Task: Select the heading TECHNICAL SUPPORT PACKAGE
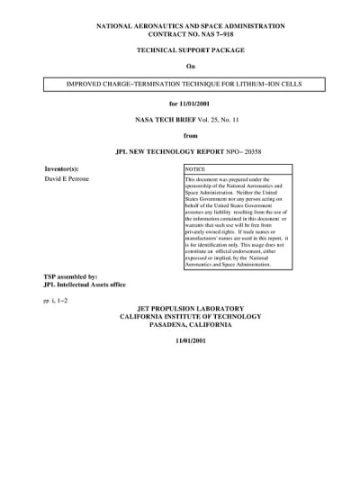(x=190, y=53)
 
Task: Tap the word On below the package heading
(x=190, y=67)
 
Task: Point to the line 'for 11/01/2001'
(x=190, y=104)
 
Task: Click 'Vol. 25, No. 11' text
(x=212, y=119)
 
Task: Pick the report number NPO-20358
(x=247, y=150)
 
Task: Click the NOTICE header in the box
(x=195, y=169)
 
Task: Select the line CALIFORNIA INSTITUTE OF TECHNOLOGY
(x=190, y=317)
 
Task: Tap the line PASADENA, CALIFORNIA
(x=190, y=326)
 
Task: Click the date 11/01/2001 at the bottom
(x=190, y=341)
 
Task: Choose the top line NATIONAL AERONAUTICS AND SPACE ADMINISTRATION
(x=190, y=28)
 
